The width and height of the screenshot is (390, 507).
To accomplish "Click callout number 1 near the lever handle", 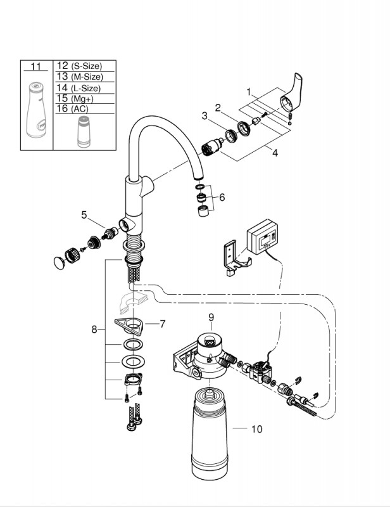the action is point(248,92).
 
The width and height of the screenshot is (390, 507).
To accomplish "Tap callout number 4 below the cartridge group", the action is point(275,153).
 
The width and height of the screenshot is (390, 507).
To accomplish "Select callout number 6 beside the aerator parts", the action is point(222,197).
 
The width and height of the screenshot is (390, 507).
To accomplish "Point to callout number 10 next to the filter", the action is point(257,429).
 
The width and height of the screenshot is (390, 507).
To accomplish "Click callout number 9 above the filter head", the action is point(211,318).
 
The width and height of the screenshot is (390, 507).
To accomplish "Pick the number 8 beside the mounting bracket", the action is point(94,330).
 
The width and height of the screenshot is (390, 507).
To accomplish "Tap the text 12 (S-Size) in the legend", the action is point(80,66).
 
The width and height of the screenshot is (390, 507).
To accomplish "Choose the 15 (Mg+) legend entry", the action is point(75,98).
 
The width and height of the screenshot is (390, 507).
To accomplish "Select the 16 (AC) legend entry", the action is point(72,108).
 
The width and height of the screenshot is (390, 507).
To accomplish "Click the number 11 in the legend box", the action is point(36,67).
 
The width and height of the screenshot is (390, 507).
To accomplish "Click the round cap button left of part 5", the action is point(60,262).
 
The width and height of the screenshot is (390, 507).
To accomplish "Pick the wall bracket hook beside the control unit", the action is point(235,259).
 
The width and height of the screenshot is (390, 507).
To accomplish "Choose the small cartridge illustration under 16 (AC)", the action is point(84,132).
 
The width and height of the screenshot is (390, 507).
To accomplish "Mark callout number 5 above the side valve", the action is point(84,215).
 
